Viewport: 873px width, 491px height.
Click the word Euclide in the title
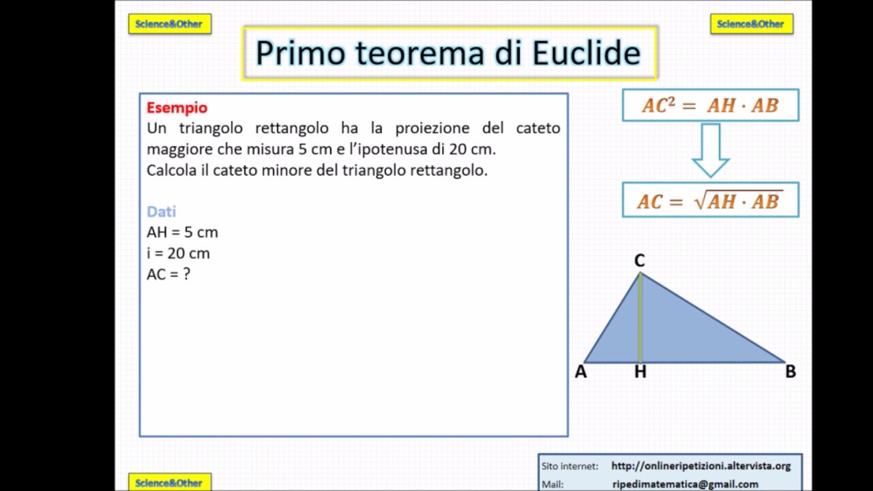(587, 53)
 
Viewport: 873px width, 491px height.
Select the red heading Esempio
(177, 108)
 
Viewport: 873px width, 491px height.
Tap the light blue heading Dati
(161, 211)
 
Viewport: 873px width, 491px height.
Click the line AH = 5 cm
(182, 233)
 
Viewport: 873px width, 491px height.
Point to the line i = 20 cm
(178, 254)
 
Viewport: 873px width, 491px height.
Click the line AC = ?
(168, 274)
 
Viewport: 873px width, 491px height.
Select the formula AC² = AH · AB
(710, 106)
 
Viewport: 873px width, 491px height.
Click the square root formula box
(710, 200)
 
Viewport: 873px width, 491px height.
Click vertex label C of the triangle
(639, 261)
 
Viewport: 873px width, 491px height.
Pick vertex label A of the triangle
(580, 372)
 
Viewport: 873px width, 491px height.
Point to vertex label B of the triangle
(790, 372)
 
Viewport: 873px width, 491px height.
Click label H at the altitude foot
(640, 372)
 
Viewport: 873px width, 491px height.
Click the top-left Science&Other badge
(170, 24)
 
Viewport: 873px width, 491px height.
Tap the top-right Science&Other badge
(751, 24)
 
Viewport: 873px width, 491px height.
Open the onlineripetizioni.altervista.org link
(700, 466)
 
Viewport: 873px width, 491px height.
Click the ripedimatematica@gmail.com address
(685, 484)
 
